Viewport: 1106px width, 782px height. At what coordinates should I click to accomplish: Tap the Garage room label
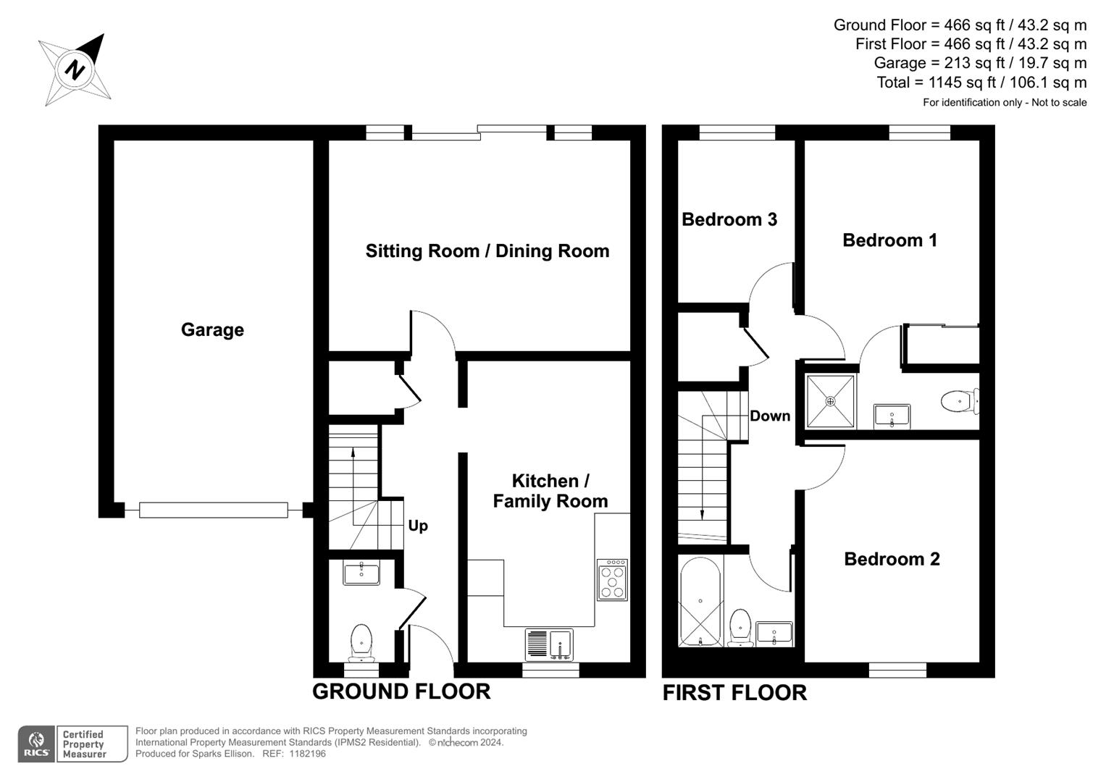212,330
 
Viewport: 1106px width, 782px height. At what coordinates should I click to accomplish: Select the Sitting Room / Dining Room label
487,251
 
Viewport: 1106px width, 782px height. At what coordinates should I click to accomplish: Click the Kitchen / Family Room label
550,491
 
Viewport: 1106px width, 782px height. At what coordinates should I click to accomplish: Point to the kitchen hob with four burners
612,580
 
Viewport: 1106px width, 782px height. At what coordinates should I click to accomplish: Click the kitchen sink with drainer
549,644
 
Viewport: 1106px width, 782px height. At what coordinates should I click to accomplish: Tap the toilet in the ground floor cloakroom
361,642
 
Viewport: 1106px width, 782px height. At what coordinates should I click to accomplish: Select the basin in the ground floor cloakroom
361,573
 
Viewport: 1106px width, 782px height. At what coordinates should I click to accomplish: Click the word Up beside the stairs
418,526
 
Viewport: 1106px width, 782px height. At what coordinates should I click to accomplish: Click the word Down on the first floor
769,416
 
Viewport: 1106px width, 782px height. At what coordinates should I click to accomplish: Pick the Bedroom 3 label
729,219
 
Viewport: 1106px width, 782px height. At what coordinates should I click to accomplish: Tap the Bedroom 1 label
889,240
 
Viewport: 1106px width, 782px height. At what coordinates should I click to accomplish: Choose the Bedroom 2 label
892,559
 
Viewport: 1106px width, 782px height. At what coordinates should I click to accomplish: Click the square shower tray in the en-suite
830,401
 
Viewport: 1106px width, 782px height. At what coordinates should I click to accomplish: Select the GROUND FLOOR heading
401,691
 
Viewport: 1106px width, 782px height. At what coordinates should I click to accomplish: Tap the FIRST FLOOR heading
734,693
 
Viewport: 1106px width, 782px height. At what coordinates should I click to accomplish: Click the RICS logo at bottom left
36,744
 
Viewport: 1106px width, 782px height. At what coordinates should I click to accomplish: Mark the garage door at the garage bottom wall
213,510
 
